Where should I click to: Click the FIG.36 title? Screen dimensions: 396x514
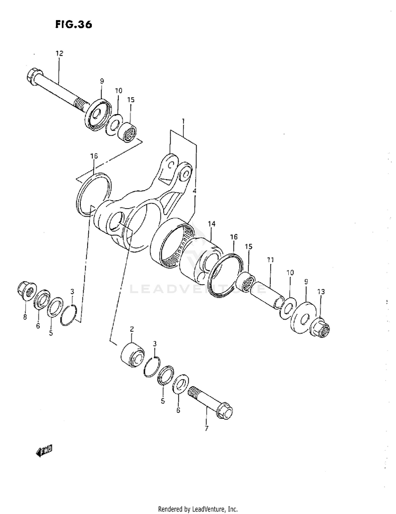[x=69, y=25]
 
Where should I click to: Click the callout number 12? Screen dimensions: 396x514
[x=59, y=53]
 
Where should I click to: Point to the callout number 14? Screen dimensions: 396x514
[x=211, y=224]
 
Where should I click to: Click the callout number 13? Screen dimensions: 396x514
[x=321, y=292]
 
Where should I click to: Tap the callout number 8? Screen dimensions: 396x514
[x=24, y=317]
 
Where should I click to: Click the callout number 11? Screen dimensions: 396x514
[x=270, y=260]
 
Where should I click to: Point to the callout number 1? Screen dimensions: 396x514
[x=183, y=121]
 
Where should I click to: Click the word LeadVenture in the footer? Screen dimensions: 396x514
[x=212, y=509]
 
